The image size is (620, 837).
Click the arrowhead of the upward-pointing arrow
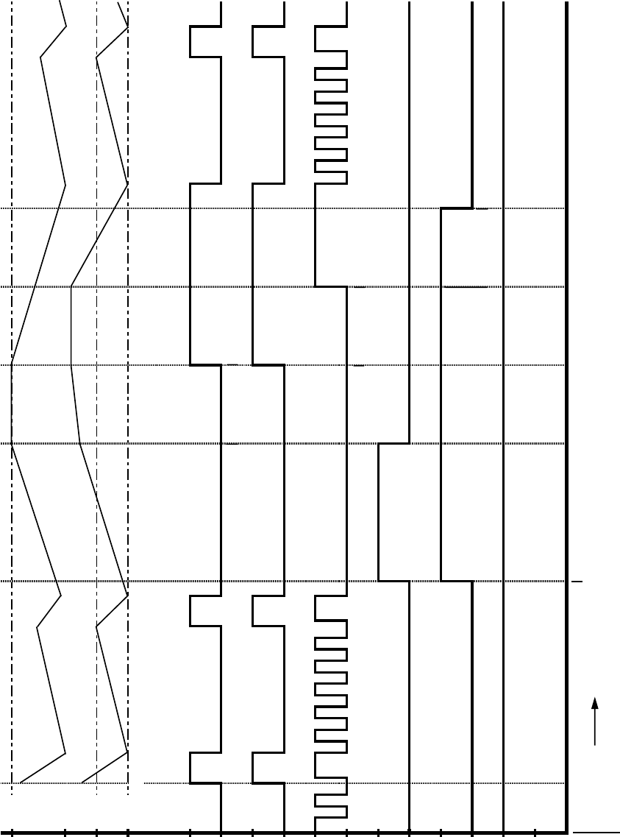595,702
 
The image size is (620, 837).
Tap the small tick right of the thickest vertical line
578,582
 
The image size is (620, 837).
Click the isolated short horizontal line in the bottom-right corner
596,832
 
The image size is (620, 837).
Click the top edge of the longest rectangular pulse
457,209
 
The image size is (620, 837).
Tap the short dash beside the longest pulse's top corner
482,209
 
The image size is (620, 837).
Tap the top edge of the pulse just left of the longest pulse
393,444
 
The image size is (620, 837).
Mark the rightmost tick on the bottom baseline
535,833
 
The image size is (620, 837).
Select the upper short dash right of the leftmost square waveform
232,365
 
